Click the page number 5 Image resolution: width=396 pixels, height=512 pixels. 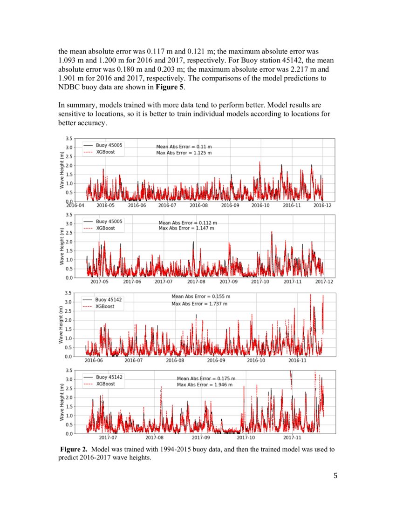point(335,475)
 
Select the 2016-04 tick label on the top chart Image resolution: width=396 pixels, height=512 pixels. point(75,205)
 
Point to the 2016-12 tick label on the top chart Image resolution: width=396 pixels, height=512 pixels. point(322,205)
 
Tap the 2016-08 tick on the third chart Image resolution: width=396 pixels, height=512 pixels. point(175,360)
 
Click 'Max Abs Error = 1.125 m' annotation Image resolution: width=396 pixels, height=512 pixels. point(183,153)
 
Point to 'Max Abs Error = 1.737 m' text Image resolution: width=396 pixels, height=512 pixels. point(199,303)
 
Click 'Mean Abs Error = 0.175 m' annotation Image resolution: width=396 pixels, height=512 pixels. point(206,378)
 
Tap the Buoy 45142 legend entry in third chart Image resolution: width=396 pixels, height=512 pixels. point(109,300)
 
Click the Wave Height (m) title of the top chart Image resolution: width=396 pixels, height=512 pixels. point(62,170)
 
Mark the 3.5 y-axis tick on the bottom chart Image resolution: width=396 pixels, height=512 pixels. point(68,371)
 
